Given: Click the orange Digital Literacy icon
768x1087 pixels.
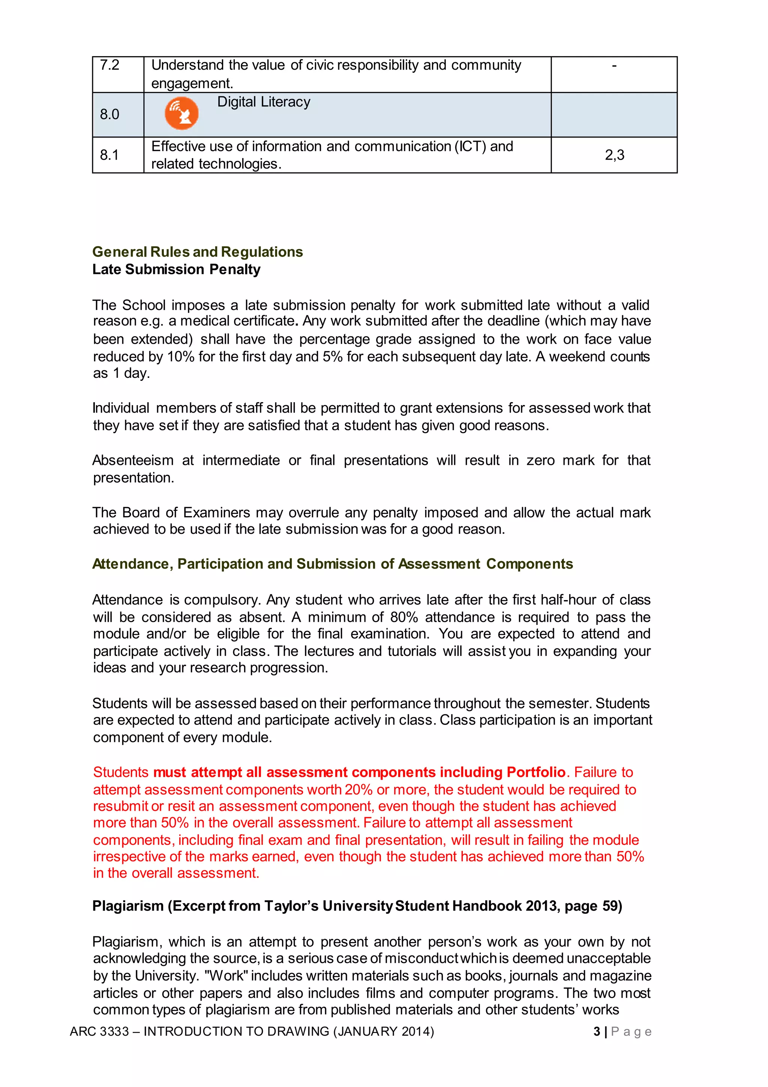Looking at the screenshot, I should pyautogui.click(x=181, y=113).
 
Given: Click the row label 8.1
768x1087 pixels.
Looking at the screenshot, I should pyautogui.click(x=109, y=155).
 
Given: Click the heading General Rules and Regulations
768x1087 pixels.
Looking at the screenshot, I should pyautogui.click(x=198, y=252).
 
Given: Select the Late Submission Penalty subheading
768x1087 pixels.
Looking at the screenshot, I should pyautogui.click(x=176, y=270).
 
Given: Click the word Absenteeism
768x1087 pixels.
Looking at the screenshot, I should pyautogui.click(x=133, y=460).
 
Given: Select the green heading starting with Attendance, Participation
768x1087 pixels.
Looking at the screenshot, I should pyautogui.click(x=333, y=564).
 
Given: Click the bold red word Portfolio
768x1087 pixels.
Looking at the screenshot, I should pyautogui.click(x=536, y=772).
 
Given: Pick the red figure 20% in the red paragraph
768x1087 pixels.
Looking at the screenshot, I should pyautogui.click(x=358, y=790).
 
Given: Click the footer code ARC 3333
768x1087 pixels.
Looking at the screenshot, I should pyautogui.click(x=99, y=1032).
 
